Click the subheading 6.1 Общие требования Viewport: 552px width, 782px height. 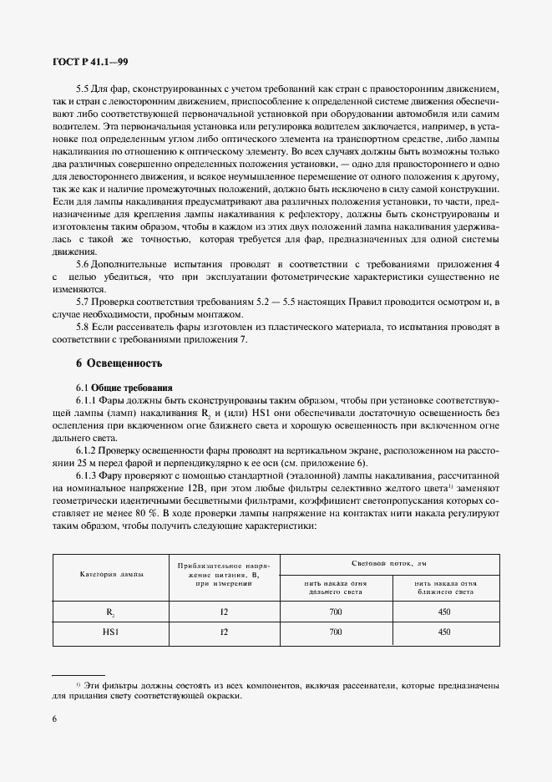point(124,388)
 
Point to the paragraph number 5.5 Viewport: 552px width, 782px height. point(83,89)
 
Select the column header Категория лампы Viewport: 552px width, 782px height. point(110,576)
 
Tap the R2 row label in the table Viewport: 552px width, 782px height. point(110,612)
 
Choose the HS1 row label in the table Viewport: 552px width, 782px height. point(110,632)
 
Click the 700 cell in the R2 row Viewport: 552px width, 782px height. point(335,612)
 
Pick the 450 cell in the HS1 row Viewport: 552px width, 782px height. point(443,632)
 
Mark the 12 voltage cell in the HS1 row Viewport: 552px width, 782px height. point(223,632)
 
